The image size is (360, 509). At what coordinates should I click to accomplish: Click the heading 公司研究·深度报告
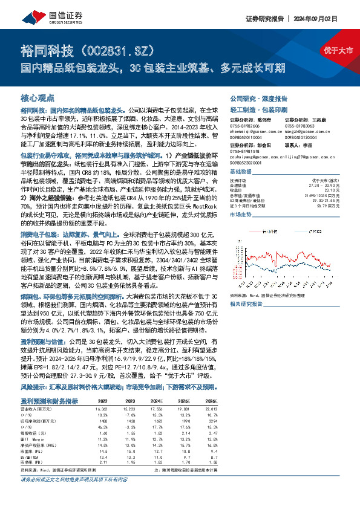click(x=257, y=97)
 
